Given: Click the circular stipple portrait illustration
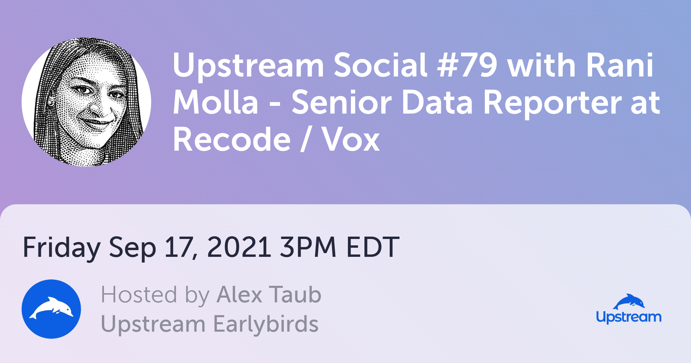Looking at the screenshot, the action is click(86, 102).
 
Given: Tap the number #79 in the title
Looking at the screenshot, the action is click(467, 65).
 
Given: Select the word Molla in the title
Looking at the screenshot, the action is click(216, 102).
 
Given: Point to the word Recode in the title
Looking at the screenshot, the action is click(232, 139).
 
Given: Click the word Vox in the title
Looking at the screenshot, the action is click(351, 139).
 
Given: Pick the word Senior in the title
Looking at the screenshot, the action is click(341, 102).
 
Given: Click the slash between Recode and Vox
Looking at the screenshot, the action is click(306, 139).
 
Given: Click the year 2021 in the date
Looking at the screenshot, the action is click(239, 247).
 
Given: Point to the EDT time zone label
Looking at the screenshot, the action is click(373, 247).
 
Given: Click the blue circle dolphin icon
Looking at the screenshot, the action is click(51, 309).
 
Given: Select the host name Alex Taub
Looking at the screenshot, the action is click(269, 295).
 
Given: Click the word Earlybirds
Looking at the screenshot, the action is click(266, 324).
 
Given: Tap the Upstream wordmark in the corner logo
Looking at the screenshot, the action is click(629, 317).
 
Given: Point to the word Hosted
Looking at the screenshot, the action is click(139, 295).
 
